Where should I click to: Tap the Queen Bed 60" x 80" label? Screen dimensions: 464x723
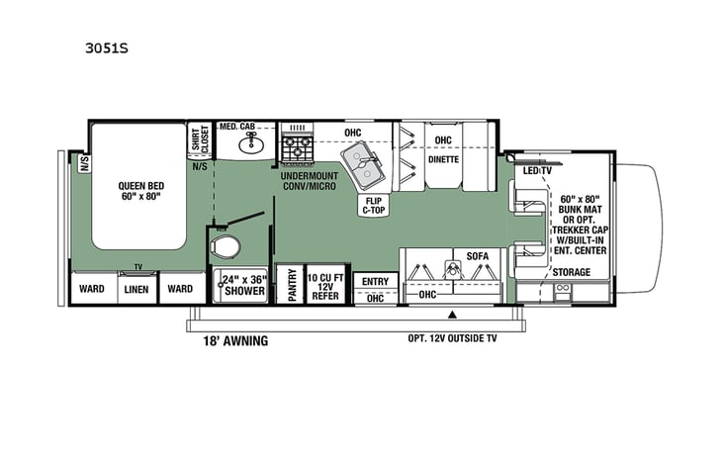141,191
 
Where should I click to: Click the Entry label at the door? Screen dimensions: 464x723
376,282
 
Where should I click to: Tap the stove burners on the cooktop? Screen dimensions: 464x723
297,148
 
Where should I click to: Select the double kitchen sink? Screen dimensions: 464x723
364,165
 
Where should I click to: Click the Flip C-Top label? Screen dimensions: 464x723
373,205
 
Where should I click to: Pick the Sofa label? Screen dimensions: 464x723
478,256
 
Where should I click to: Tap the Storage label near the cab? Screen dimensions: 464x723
571,272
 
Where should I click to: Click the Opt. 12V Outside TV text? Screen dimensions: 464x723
461,338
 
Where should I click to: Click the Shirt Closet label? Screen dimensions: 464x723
200,140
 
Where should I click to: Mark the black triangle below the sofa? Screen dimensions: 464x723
452,315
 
